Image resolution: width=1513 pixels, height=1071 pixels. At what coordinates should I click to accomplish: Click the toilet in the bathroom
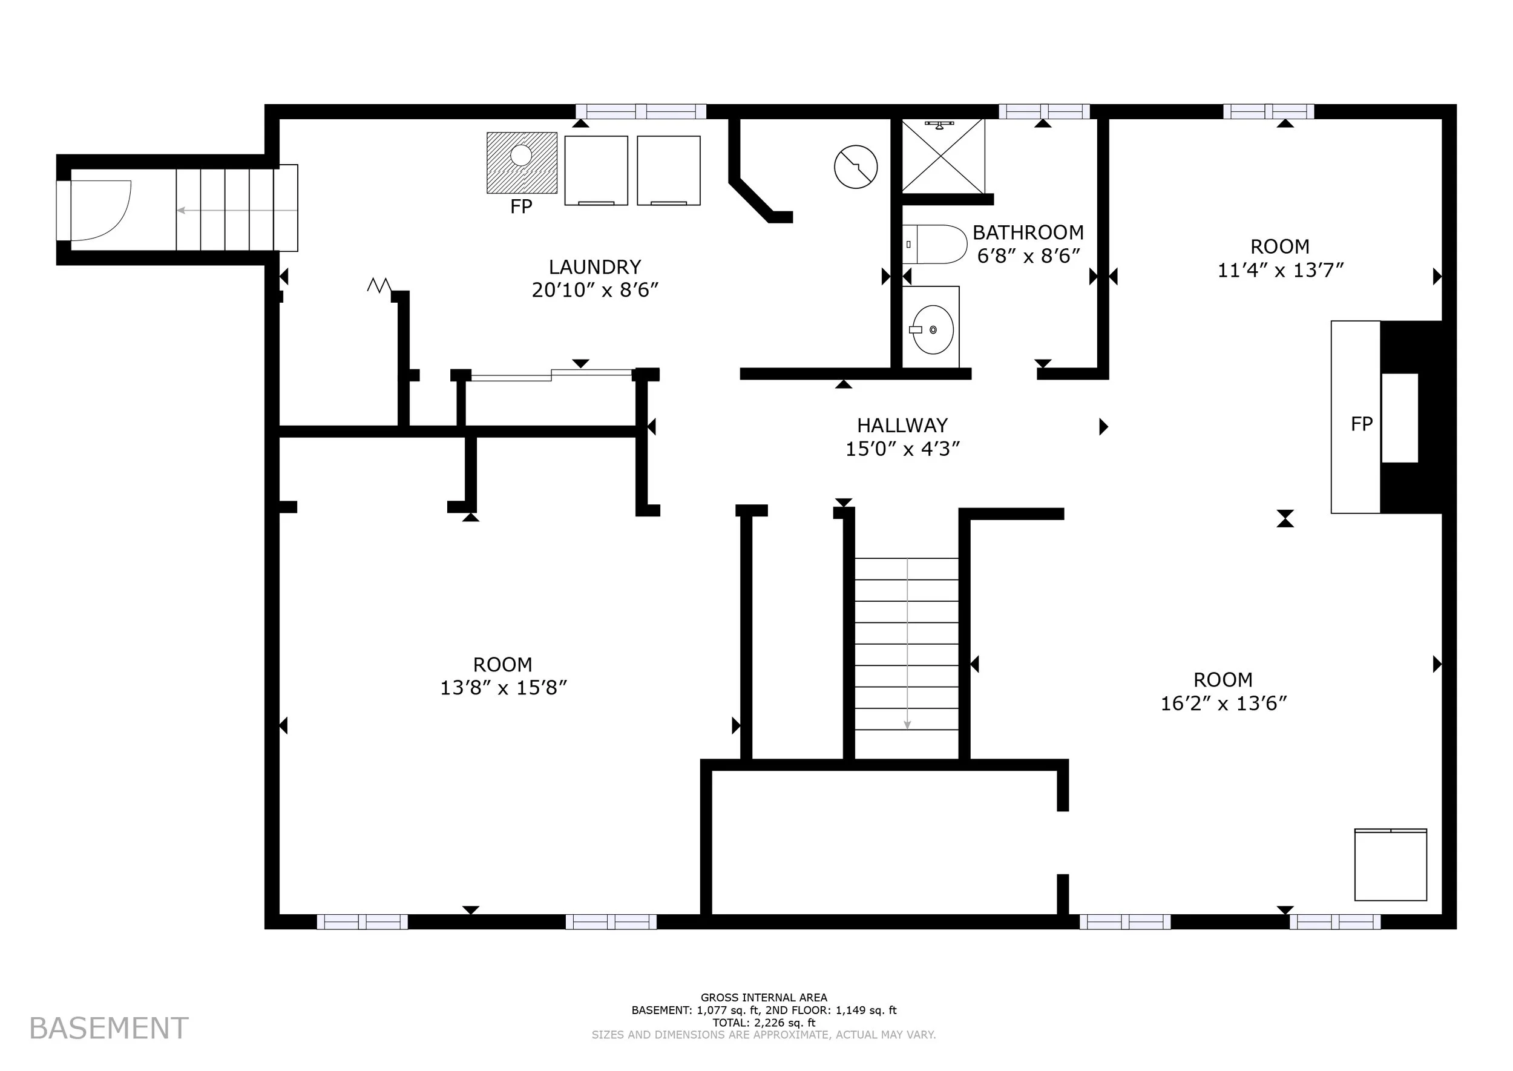(934, 244)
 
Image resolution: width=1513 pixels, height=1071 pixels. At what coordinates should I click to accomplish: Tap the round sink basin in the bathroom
(933, 329)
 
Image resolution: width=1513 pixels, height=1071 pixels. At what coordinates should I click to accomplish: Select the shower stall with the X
(944, 156)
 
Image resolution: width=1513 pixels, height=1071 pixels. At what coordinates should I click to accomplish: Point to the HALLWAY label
(902, 426)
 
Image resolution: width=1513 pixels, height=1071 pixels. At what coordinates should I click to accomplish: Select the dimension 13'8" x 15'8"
(504, 688)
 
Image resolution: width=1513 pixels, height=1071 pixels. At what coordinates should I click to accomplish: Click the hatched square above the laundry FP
(522, 163)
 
